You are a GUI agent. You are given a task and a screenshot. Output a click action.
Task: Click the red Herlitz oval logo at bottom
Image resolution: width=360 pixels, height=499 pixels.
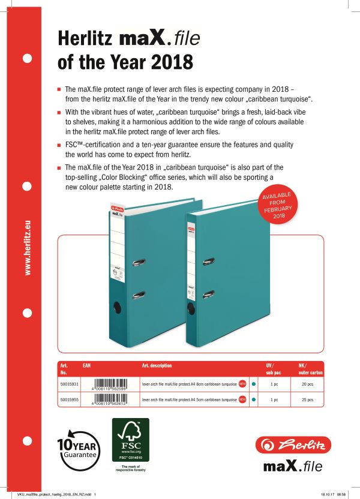coord(290,445)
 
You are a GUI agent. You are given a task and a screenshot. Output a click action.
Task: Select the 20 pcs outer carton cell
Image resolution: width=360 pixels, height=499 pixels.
coord(307,383)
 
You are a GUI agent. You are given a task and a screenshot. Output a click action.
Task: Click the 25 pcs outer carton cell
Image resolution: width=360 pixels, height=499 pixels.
coord(307,398)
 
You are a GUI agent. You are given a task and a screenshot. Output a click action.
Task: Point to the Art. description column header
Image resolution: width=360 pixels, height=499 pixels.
coord(157,365)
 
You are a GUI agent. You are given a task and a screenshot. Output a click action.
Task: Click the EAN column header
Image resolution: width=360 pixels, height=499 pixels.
coord(87,365)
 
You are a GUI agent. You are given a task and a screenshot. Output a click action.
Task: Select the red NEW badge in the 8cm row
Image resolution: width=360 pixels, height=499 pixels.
coord(242,383)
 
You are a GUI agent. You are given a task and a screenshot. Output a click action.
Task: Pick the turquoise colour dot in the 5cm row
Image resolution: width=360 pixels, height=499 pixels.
coord(254,398)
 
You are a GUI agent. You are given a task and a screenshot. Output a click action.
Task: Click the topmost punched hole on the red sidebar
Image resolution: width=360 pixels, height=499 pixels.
coord(27,59)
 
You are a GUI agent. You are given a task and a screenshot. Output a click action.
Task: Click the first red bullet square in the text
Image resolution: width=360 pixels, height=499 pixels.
coord(59,88)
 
